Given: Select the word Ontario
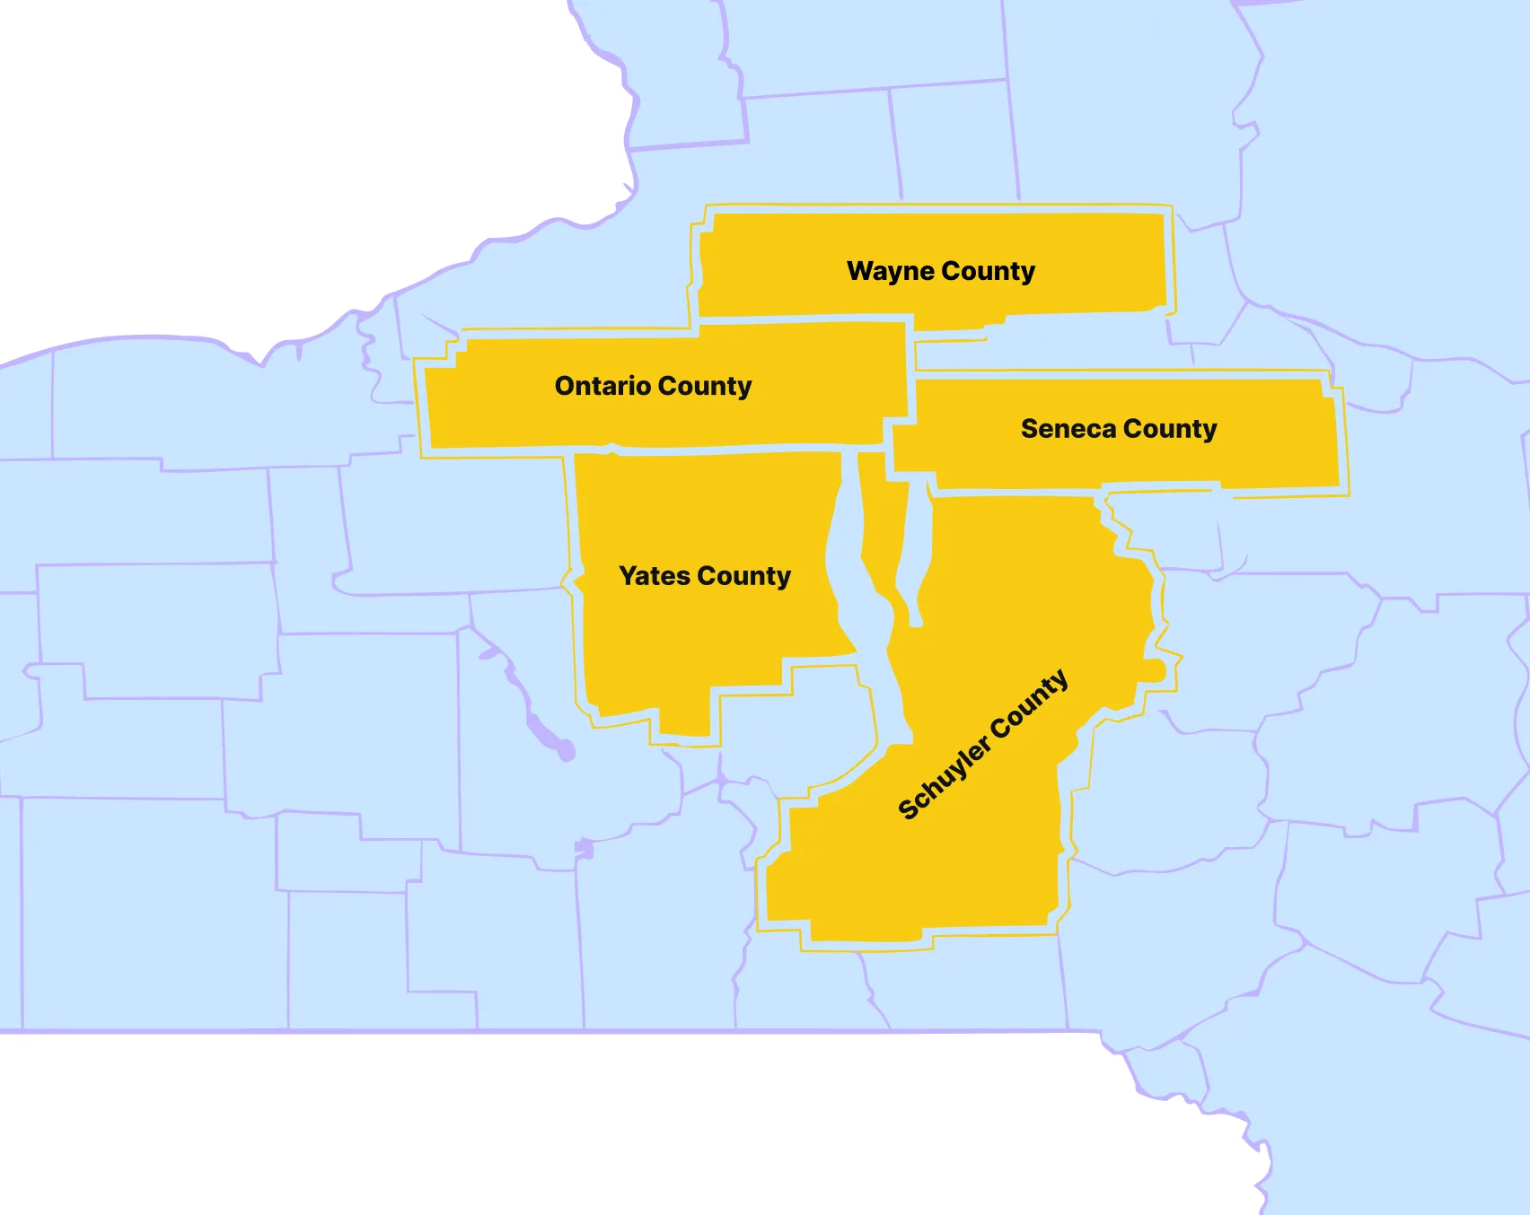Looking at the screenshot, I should (x=602, y=386).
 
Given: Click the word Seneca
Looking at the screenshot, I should (x=1068, y=429).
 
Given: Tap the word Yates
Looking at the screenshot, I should (x=655, y=576).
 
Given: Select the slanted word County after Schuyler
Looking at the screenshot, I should (x=1031, y=702).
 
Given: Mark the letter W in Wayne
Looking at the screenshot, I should (x=860, y=271).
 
